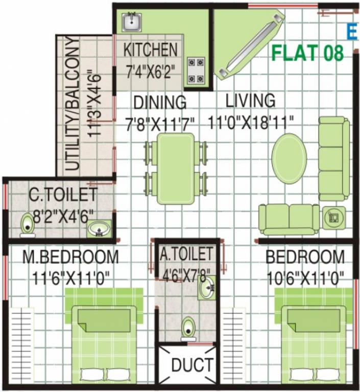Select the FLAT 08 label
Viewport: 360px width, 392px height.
(x=307, y=54)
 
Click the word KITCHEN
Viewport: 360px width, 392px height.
(x=151, y=50)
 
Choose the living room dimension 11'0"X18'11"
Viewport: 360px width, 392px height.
(x=251, y=122)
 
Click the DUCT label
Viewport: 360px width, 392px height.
(x=191, y=365)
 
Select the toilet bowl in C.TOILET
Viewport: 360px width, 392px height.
(x=27, y=225)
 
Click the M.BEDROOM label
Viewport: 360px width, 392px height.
(x=70, y=257)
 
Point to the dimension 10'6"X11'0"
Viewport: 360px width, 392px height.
(x=304, y=278)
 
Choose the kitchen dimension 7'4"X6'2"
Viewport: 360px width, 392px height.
(x=152, y=69)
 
